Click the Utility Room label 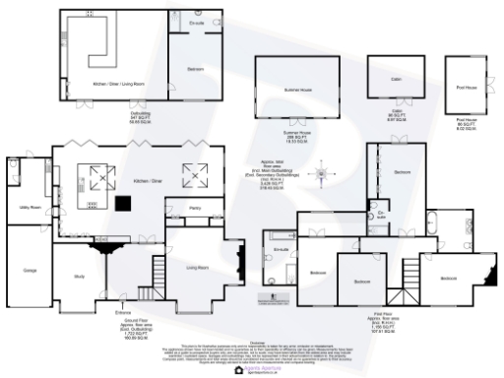(x=29, y=208)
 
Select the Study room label (x=78, y=277)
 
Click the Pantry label (x=180, y=208)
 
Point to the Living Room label (x=198, y=266)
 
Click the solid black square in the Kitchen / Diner (x=125, y=204)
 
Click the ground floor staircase (x=145, y=292)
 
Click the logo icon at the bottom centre (x=239, y=372)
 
